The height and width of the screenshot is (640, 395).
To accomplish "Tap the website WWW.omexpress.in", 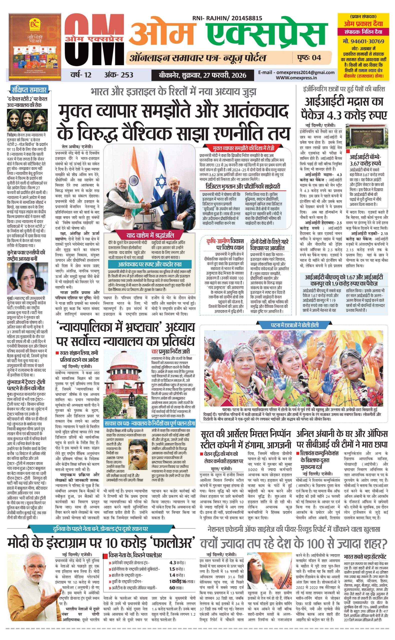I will click(x=296, y=78).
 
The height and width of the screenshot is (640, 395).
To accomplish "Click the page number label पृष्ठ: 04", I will click(x=309, y=57).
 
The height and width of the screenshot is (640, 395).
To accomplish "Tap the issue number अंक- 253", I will click(x=119, y=75).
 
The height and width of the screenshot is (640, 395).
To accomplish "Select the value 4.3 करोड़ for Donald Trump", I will click(x=177, y=563).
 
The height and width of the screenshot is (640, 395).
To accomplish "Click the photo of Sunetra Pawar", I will click(x=28, y=279).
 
